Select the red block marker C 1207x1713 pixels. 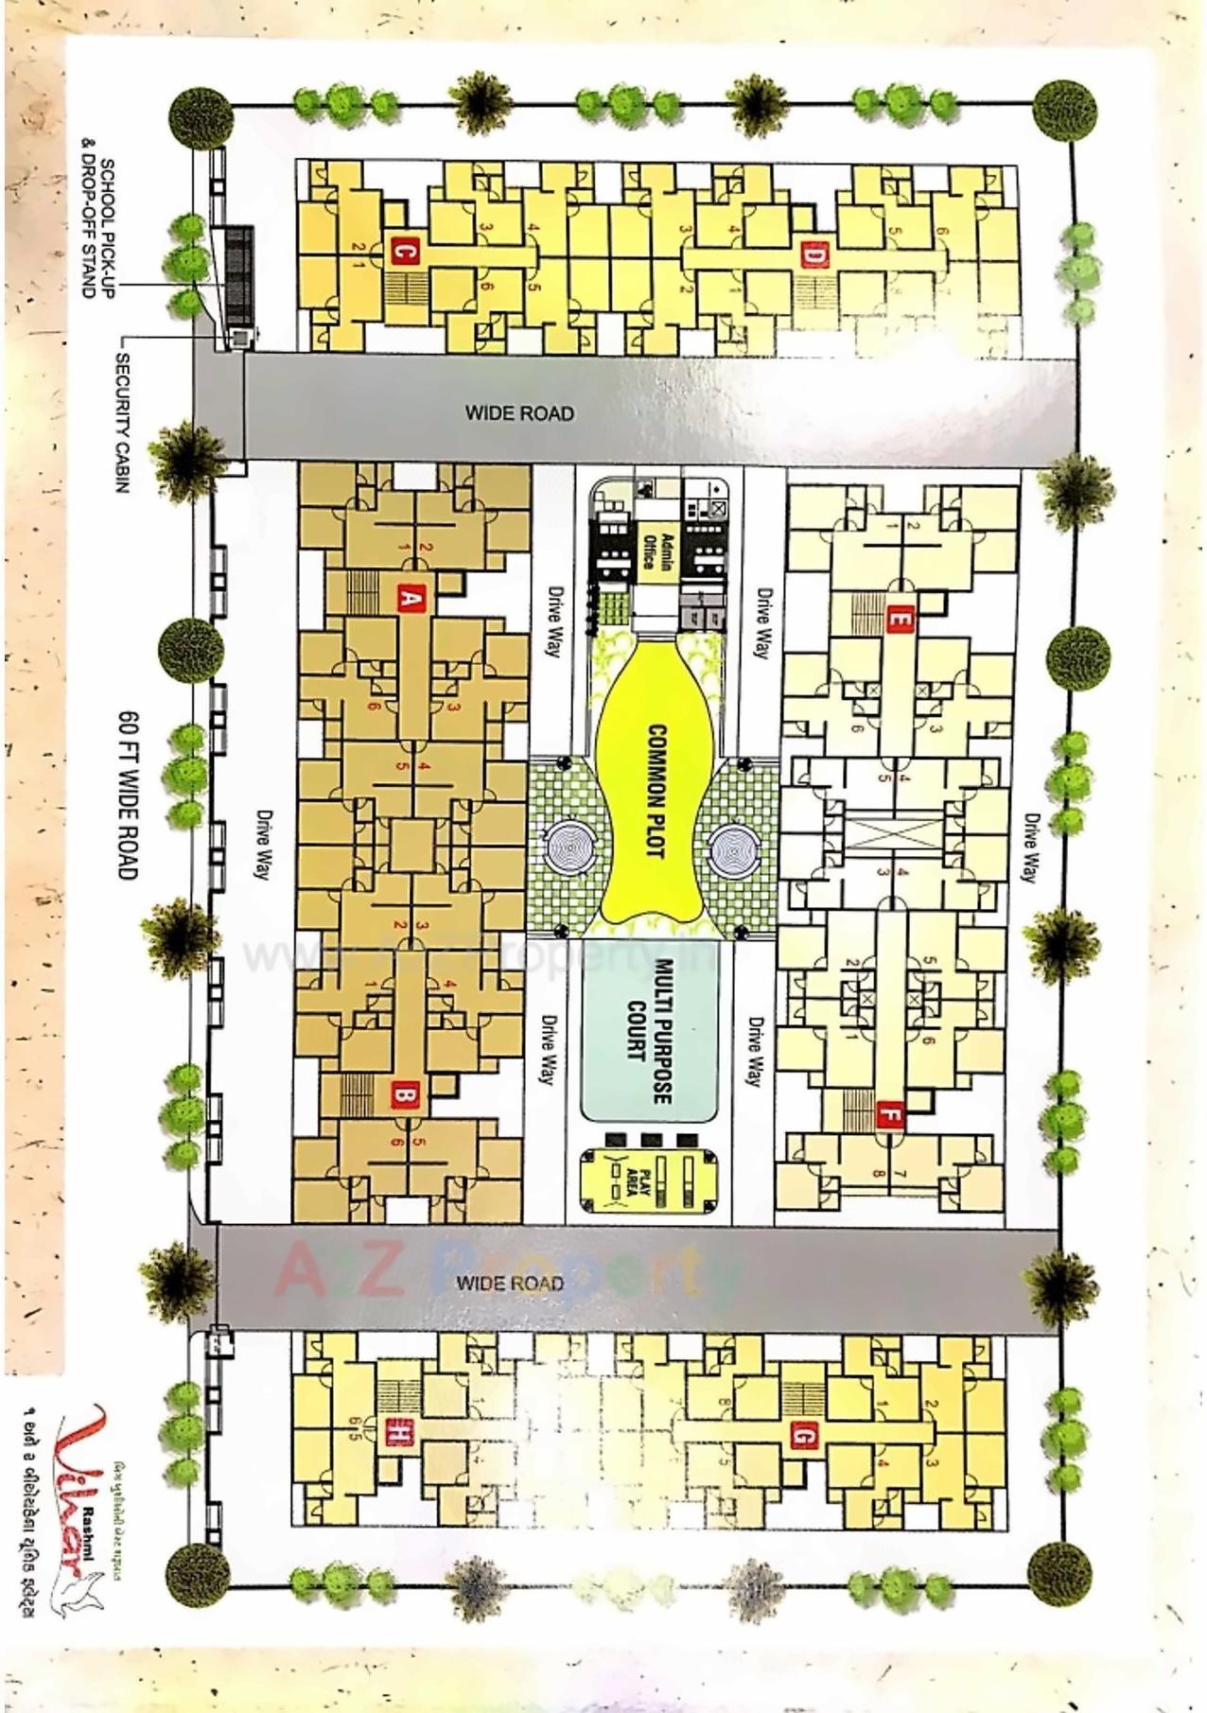(x=403, y=253)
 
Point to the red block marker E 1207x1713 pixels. (x=899, y=621)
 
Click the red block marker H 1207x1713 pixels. (x=398, y=1434)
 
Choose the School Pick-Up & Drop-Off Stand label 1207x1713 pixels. (x=100, y=229)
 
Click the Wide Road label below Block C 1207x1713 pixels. (x=519, y=412)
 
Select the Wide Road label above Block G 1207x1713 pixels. (x=510, y=1283)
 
